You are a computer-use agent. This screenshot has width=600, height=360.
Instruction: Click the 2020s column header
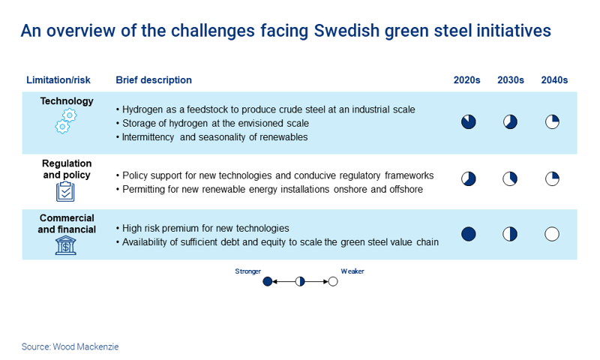coord(466,80)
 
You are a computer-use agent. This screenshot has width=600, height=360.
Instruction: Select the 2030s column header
coord(511,80)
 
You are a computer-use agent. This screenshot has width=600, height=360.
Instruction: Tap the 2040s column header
coord(554,80)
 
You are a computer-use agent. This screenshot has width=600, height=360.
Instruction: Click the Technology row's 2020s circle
coord(468,122)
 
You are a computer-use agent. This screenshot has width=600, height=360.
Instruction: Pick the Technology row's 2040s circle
coord(552,122)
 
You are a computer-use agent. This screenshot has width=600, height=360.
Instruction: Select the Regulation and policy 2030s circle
coord(510,178)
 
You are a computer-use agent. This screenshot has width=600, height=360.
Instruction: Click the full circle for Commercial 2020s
coord(468,234)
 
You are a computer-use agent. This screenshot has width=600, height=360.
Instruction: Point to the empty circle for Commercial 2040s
coord(552,234)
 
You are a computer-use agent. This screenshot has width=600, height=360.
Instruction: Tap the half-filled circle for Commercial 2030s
coord(510,234)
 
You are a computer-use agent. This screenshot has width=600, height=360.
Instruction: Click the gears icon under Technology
coord(66,121)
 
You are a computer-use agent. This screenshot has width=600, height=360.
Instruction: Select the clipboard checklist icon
coord(66,191)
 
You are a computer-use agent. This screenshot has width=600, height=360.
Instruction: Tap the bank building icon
coord(66,245)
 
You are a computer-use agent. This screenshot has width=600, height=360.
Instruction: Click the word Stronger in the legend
coord(247,271)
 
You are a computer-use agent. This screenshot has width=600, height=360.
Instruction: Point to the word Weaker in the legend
coord(352,271)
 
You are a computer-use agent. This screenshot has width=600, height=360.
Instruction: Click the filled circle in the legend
coord(267,282)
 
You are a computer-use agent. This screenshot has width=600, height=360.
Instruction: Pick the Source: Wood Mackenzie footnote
coord(70,346)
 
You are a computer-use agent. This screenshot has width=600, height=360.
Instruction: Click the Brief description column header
coord(154,80)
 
